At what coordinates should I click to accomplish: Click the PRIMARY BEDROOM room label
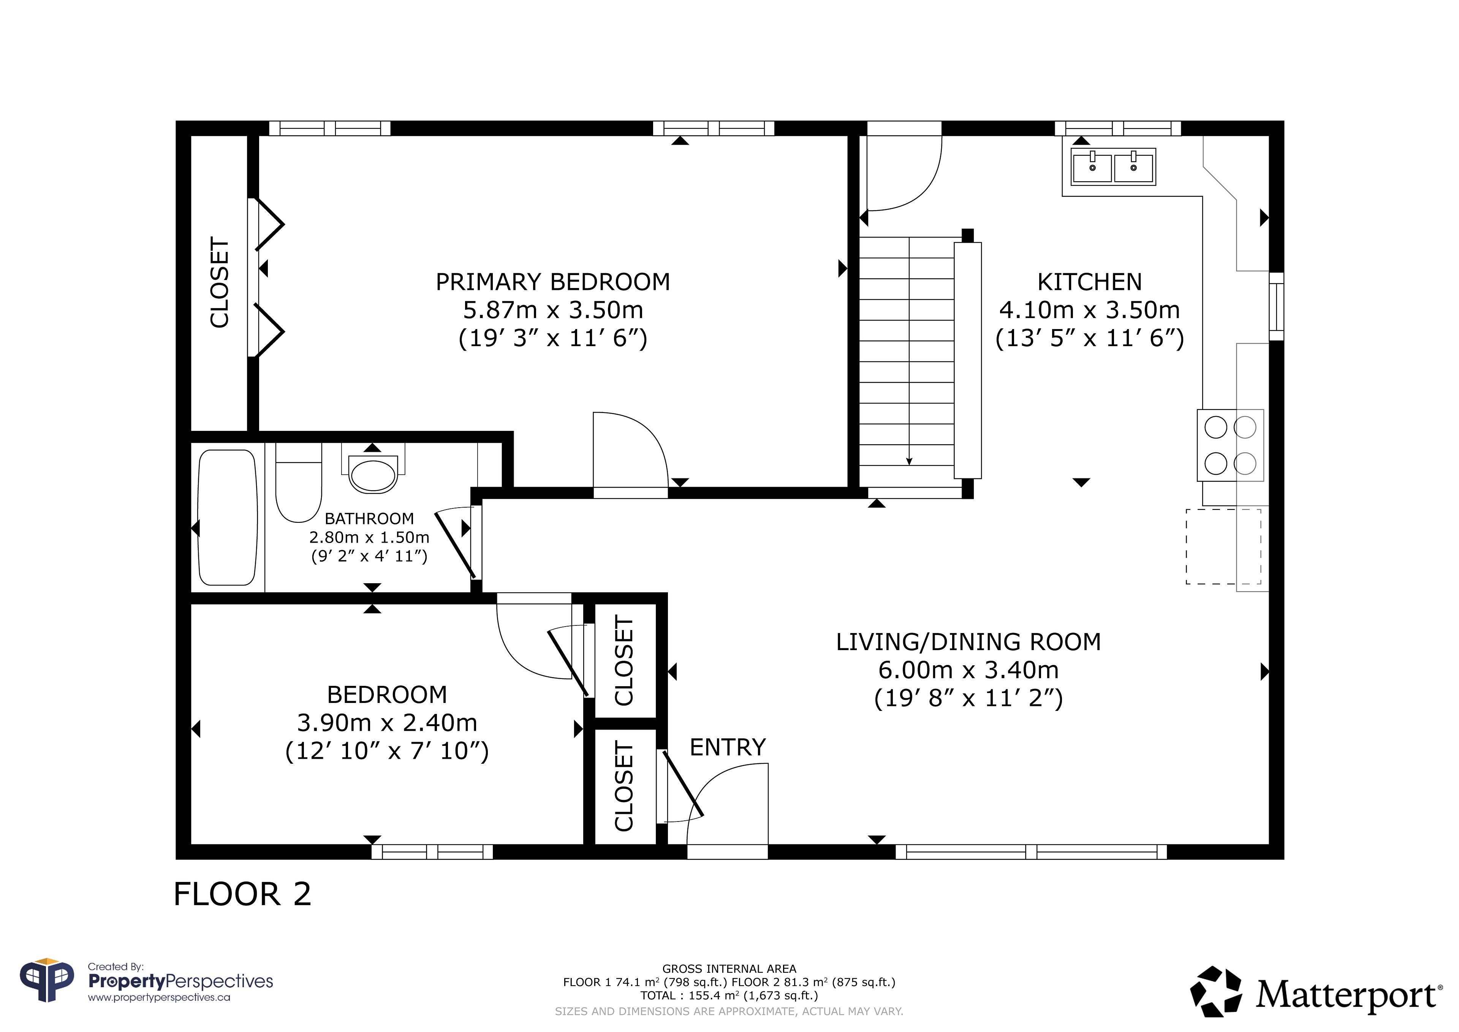click(553, 282)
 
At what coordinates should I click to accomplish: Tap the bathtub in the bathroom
click(228, 518)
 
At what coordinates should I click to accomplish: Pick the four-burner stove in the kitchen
click(1230, 445)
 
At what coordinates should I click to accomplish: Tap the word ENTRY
click(728, 747)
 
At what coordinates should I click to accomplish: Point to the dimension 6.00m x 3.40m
click(968, 670)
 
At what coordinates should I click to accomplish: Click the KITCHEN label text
click(1090, 282)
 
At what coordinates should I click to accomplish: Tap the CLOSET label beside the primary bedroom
click(219, 282)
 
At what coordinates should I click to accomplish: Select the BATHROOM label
click(369, 519)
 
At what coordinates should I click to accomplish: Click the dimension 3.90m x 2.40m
click(387, 723)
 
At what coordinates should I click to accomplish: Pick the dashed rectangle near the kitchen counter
click(1223, 546)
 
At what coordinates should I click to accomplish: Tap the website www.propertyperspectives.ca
click(159, 997)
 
